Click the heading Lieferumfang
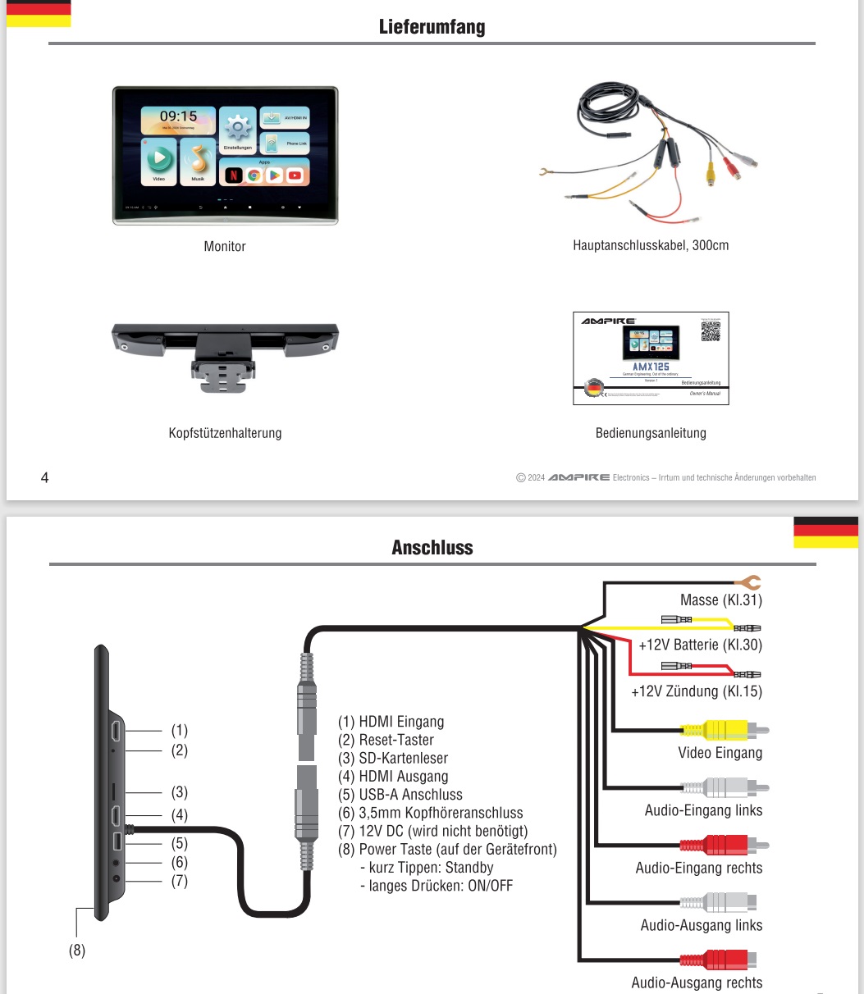[x=432, y=27]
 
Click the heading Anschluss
[x=432, y=547]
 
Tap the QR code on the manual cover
[x=711, y=330]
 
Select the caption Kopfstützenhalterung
[x=225, y=433]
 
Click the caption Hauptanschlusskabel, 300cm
[x=651, y=245]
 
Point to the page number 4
[x=44, y=477]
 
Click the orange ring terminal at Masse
[x=750, y=582]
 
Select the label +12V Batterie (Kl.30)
[x=700, y=645]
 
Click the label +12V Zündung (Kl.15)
[x=696, y=691]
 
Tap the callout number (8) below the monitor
[x=76, y=951]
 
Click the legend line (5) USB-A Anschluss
[x=400, y=795]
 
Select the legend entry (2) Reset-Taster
[x=386, y=740]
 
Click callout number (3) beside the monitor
[x=179, y=792]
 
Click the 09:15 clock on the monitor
[x=178, y=117]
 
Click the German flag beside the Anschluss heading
[x=825, y=532]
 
